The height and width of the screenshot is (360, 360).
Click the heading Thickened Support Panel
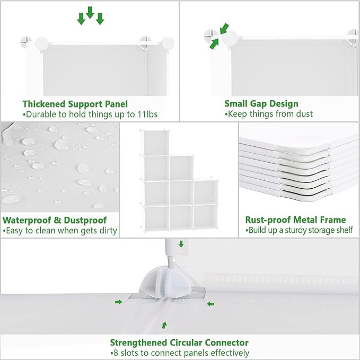click(x=75, y=104)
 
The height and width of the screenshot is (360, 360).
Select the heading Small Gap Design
click(x=261, y=104)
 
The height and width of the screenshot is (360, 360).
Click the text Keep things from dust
click(x=268, y=114)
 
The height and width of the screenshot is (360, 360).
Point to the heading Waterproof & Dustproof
click(x=55, y=220)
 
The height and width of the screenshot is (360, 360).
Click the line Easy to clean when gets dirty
click(x=60, y=231)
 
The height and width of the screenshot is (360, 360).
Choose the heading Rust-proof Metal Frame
click(x=295, y=220)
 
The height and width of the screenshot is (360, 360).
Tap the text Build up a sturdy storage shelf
click(x=298, y=231)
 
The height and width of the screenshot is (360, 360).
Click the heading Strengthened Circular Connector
click(x=179, y=343)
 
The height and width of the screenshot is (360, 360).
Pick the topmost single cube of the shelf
click(x=155, y=143)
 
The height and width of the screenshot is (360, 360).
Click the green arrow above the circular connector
click(x=181, y=244)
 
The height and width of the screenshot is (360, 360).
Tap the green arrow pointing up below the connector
click(x=164, y=324)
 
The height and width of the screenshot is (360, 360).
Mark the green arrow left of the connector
click(x=118, y=302)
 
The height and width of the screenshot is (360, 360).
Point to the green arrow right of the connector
click(x=210, y=304)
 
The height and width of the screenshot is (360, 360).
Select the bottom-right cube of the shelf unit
click(x=206, y=217)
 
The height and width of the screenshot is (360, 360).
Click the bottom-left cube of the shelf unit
click(x=155, y=217)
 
